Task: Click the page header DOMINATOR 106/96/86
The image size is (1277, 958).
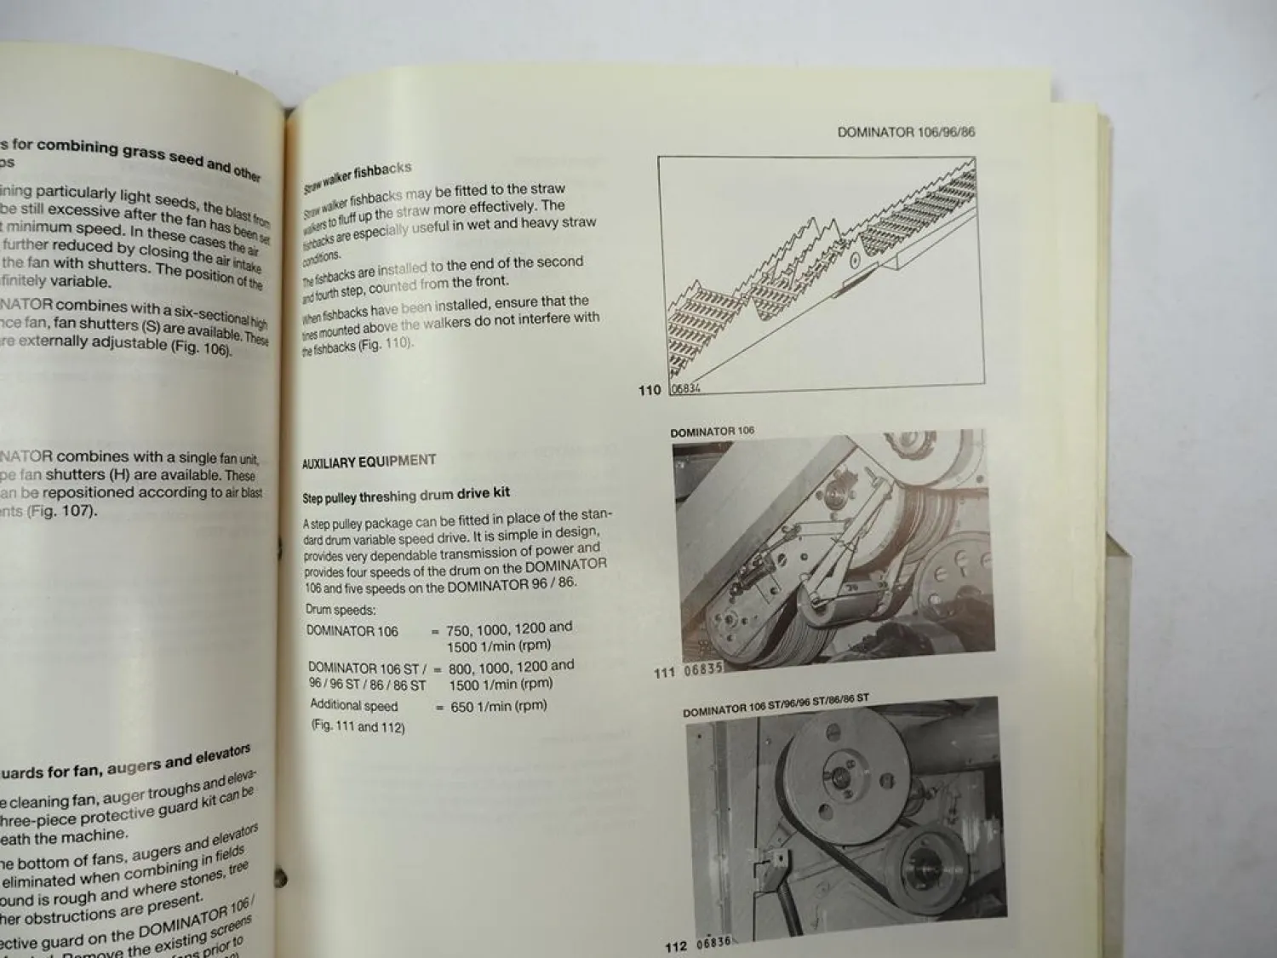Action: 906,132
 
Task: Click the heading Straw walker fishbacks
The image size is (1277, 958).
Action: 358,177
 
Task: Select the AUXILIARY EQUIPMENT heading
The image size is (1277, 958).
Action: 369,462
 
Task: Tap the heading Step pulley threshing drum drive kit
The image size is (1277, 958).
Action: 406,495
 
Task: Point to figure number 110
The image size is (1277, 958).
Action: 649,390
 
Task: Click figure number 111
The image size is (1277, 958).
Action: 664,672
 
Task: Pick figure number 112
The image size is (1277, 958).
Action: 675,946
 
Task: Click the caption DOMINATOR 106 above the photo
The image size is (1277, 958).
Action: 712,432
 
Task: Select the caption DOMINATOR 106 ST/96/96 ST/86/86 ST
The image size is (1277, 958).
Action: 776,705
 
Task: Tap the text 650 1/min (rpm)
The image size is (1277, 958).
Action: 498,706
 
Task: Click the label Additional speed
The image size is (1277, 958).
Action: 353,705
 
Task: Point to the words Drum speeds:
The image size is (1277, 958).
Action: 341,610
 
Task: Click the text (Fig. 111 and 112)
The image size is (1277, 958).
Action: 358,727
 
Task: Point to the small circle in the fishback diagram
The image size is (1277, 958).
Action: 854,259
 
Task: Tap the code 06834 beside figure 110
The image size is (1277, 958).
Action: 685,389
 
